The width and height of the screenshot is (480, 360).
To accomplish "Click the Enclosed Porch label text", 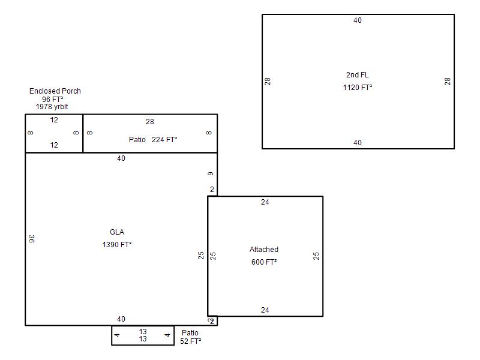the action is pyautogui.click(x=55, y=91).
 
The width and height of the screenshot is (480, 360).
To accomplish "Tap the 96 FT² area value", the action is pyautogui.click(x=53, y=100).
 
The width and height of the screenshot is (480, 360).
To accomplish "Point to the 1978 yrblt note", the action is pyautogui.click(x=52, y=107).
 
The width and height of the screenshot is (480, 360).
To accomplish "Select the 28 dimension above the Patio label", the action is pyautogui.click(x=149, y=122).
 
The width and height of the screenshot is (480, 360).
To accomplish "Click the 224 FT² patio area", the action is pyautogui.click(x=164, y=140).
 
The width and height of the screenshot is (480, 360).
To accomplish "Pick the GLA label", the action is pyautogui.click(x=117, y=232).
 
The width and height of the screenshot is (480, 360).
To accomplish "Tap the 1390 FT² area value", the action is pyautogui.click(x=117, y=245).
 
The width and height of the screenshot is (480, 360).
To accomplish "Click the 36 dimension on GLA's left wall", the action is pyautogui.click(x=32, y=239).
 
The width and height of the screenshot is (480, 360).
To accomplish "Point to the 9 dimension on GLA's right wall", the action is pyautogui.click(x=211, y=173).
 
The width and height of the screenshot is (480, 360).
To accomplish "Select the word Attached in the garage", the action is pyautogui.click(x=264, y=250).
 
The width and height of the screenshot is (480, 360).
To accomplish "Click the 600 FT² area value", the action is pyautogui.click(x=264, y=262).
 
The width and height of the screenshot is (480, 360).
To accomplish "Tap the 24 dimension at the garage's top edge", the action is pyautogui.click(x=265, y=202).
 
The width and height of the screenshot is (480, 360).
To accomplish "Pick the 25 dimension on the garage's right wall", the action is pyautogui.click(x=316, y=256).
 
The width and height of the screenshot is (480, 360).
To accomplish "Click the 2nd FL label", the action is pyautogui.click(x=357, y=75).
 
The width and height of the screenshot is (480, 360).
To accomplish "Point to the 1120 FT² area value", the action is pyautogui.click(x=358, y=88).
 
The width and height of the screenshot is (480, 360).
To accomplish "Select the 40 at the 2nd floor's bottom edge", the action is pyautogui.click(x=358, y=143).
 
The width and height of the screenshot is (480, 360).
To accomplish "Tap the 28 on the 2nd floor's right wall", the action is pyautogui.click(x=448, y=82).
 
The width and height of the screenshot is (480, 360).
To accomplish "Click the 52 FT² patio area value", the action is pyautogui.click(x=190, y=341).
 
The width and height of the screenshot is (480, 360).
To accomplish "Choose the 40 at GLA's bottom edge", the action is pyautogui.click(x=121, y=319).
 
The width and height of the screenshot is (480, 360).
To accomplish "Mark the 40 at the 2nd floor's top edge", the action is pyautogui.click(x=358, y=20).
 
